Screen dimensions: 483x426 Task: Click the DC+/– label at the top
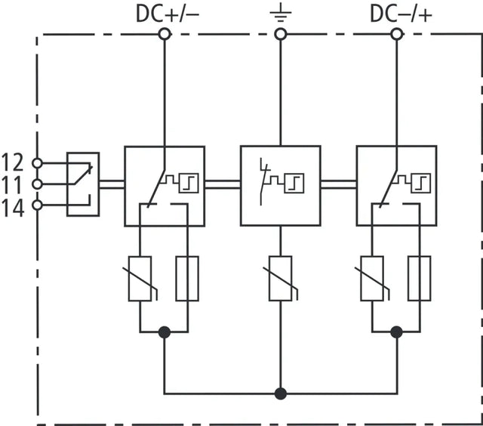[168, 14]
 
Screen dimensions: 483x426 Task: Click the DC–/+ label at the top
[401, 14]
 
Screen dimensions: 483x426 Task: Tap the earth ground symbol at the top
[280, 14]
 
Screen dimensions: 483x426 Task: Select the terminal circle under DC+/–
[165, 34]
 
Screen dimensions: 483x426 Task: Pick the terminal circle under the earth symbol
[280, 34]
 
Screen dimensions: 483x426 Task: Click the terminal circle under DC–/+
[396, 34]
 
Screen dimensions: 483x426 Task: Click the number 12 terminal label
[13, 162]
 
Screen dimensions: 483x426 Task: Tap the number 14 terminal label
[13, 208]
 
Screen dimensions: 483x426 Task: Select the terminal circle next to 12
[37, 163]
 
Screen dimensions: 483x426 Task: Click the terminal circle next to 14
[37, 205]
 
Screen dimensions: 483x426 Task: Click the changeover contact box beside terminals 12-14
[83, 184]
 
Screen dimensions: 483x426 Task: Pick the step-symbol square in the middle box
[294, 183]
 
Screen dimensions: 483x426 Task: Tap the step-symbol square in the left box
[189, 183]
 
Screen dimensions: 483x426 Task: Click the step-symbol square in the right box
[421, 183]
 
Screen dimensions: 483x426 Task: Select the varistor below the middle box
[280, 279]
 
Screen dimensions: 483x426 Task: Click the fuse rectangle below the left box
[187, 279]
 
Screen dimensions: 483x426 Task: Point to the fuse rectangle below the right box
[420, 279]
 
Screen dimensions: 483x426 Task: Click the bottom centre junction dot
[280, 394]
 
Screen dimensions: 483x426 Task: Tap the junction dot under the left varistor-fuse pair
[165, 332]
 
